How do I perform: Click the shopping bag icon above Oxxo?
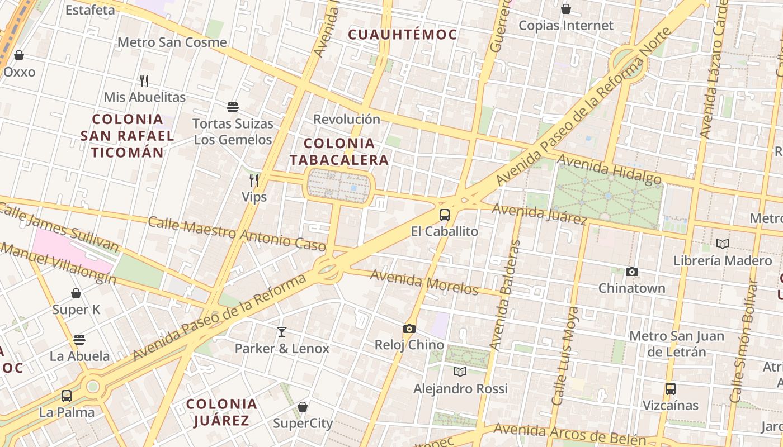click(19, 55)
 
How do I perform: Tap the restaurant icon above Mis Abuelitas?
click(144, 80)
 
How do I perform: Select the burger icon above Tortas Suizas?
click(233, 107)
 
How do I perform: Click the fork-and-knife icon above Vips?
click(254, 180)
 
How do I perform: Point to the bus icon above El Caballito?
click(445, 215)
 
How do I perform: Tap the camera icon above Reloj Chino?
click(409, 329)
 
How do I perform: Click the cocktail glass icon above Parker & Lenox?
click(282, 332)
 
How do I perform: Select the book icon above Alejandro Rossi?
click(460, 372)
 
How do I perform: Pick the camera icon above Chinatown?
click(632, 272)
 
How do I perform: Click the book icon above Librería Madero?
click(723, 244)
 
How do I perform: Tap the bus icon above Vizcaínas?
click(671, 388)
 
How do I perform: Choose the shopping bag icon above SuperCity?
click(303, 407)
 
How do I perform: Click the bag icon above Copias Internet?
click(566, 9)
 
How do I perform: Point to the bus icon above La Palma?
click(67, 396)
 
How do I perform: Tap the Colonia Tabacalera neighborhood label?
click(339, 151)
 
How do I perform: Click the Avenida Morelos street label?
click(424, 282)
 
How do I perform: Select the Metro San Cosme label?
click(172, 42)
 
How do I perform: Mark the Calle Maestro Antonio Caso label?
click(237, 234)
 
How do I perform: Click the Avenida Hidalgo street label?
click(610, 169)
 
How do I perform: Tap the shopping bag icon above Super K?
click(76, 293)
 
